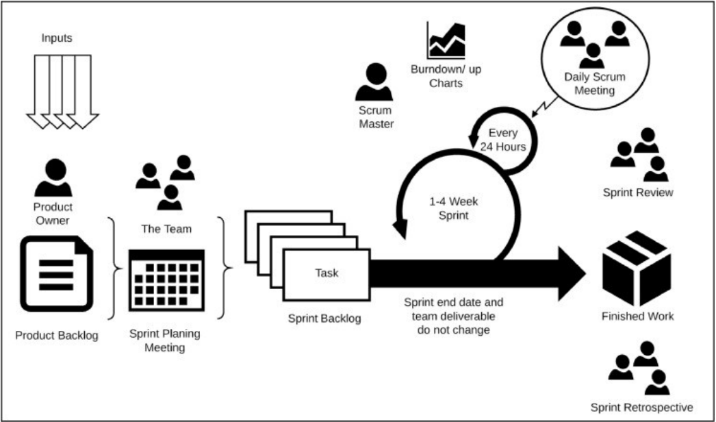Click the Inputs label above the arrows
(x=57, y=38)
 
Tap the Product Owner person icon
(x=53, y=178)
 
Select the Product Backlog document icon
(x=57, y=274)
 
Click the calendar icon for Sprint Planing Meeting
(x=166, y=280)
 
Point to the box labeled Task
(x=327, y=275)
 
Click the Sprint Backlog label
(x=324, y=319)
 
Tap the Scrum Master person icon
(x=374, y=82)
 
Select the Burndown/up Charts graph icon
(x=446, y=40)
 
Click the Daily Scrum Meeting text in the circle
(x=595, y=83)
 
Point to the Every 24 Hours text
(x=502, y=140)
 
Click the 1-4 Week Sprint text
(x=453, y=208)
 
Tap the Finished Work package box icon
(x=637, y=269)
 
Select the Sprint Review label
(x=638, y=193)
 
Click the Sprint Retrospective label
(x=641, y=408)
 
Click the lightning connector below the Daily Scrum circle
(x=544, y=108)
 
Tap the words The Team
(x=166, y=229)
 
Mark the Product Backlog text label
(x=57, y=336)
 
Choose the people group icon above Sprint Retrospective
(x=639, y=368)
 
